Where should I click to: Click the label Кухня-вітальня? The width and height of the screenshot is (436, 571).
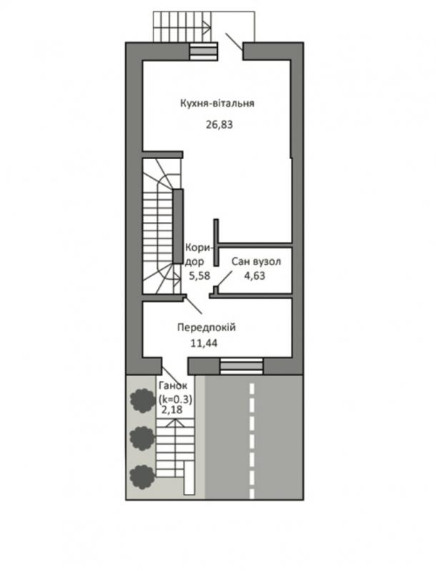coord(217,103)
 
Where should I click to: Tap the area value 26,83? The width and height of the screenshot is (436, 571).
coord(219,125)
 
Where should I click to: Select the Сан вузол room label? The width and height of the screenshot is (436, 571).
coord(257,261)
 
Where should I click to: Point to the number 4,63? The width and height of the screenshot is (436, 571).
coord(254,276)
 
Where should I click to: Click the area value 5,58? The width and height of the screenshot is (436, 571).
coord(199,276)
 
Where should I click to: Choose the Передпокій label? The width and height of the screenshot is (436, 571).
coord(207,328)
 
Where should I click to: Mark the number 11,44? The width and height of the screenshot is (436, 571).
coord(204,343)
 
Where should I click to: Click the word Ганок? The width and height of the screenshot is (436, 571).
coord(173,386)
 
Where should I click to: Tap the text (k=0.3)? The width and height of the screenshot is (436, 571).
coord(175,400)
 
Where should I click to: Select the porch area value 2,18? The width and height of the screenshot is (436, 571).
coord(172,410)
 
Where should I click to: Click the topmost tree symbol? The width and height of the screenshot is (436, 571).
coord(143,400)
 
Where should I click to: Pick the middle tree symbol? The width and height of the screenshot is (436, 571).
coord(142,438)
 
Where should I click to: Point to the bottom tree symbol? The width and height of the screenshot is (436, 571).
coord(142,477)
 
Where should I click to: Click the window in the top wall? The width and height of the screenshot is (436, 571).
coord(204,51)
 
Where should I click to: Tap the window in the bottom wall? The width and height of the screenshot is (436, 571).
coord(242,366)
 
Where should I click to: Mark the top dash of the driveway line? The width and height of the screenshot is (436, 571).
coord(252,388)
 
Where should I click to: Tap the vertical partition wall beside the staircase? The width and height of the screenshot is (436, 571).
coord(178,226)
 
